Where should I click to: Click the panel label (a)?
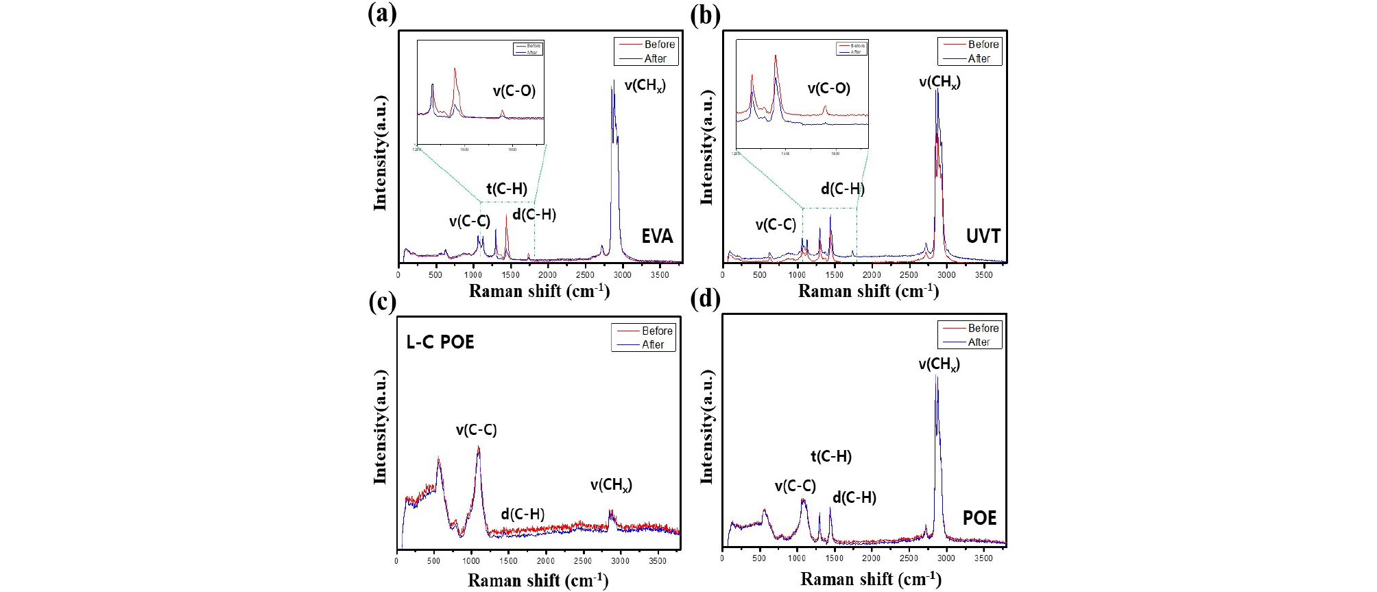(382, 14)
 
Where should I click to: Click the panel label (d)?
(706, 300)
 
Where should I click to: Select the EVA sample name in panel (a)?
(657, 236)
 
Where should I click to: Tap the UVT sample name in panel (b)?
(983, 236)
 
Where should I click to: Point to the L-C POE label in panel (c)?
(440, 342)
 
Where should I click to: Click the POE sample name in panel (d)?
(979, 517)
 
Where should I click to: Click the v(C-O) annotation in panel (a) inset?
(514, 91)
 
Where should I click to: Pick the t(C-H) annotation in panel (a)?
(507, 189)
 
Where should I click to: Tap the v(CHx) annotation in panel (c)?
(611, 486)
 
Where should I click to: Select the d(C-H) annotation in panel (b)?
(843, 189)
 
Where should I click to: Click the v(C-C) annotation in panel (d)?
(795, 486)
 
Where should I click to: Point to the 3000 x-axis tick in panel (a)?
(622, 275)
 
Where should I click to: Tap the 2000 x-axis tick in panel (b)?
(872, 275)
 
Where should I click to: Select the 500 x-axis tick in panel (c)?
(433, 560)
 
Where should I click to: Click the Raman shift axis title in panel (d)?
(870, 580)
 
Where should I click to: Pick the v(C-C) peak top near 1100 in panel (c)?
(478, 447)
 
